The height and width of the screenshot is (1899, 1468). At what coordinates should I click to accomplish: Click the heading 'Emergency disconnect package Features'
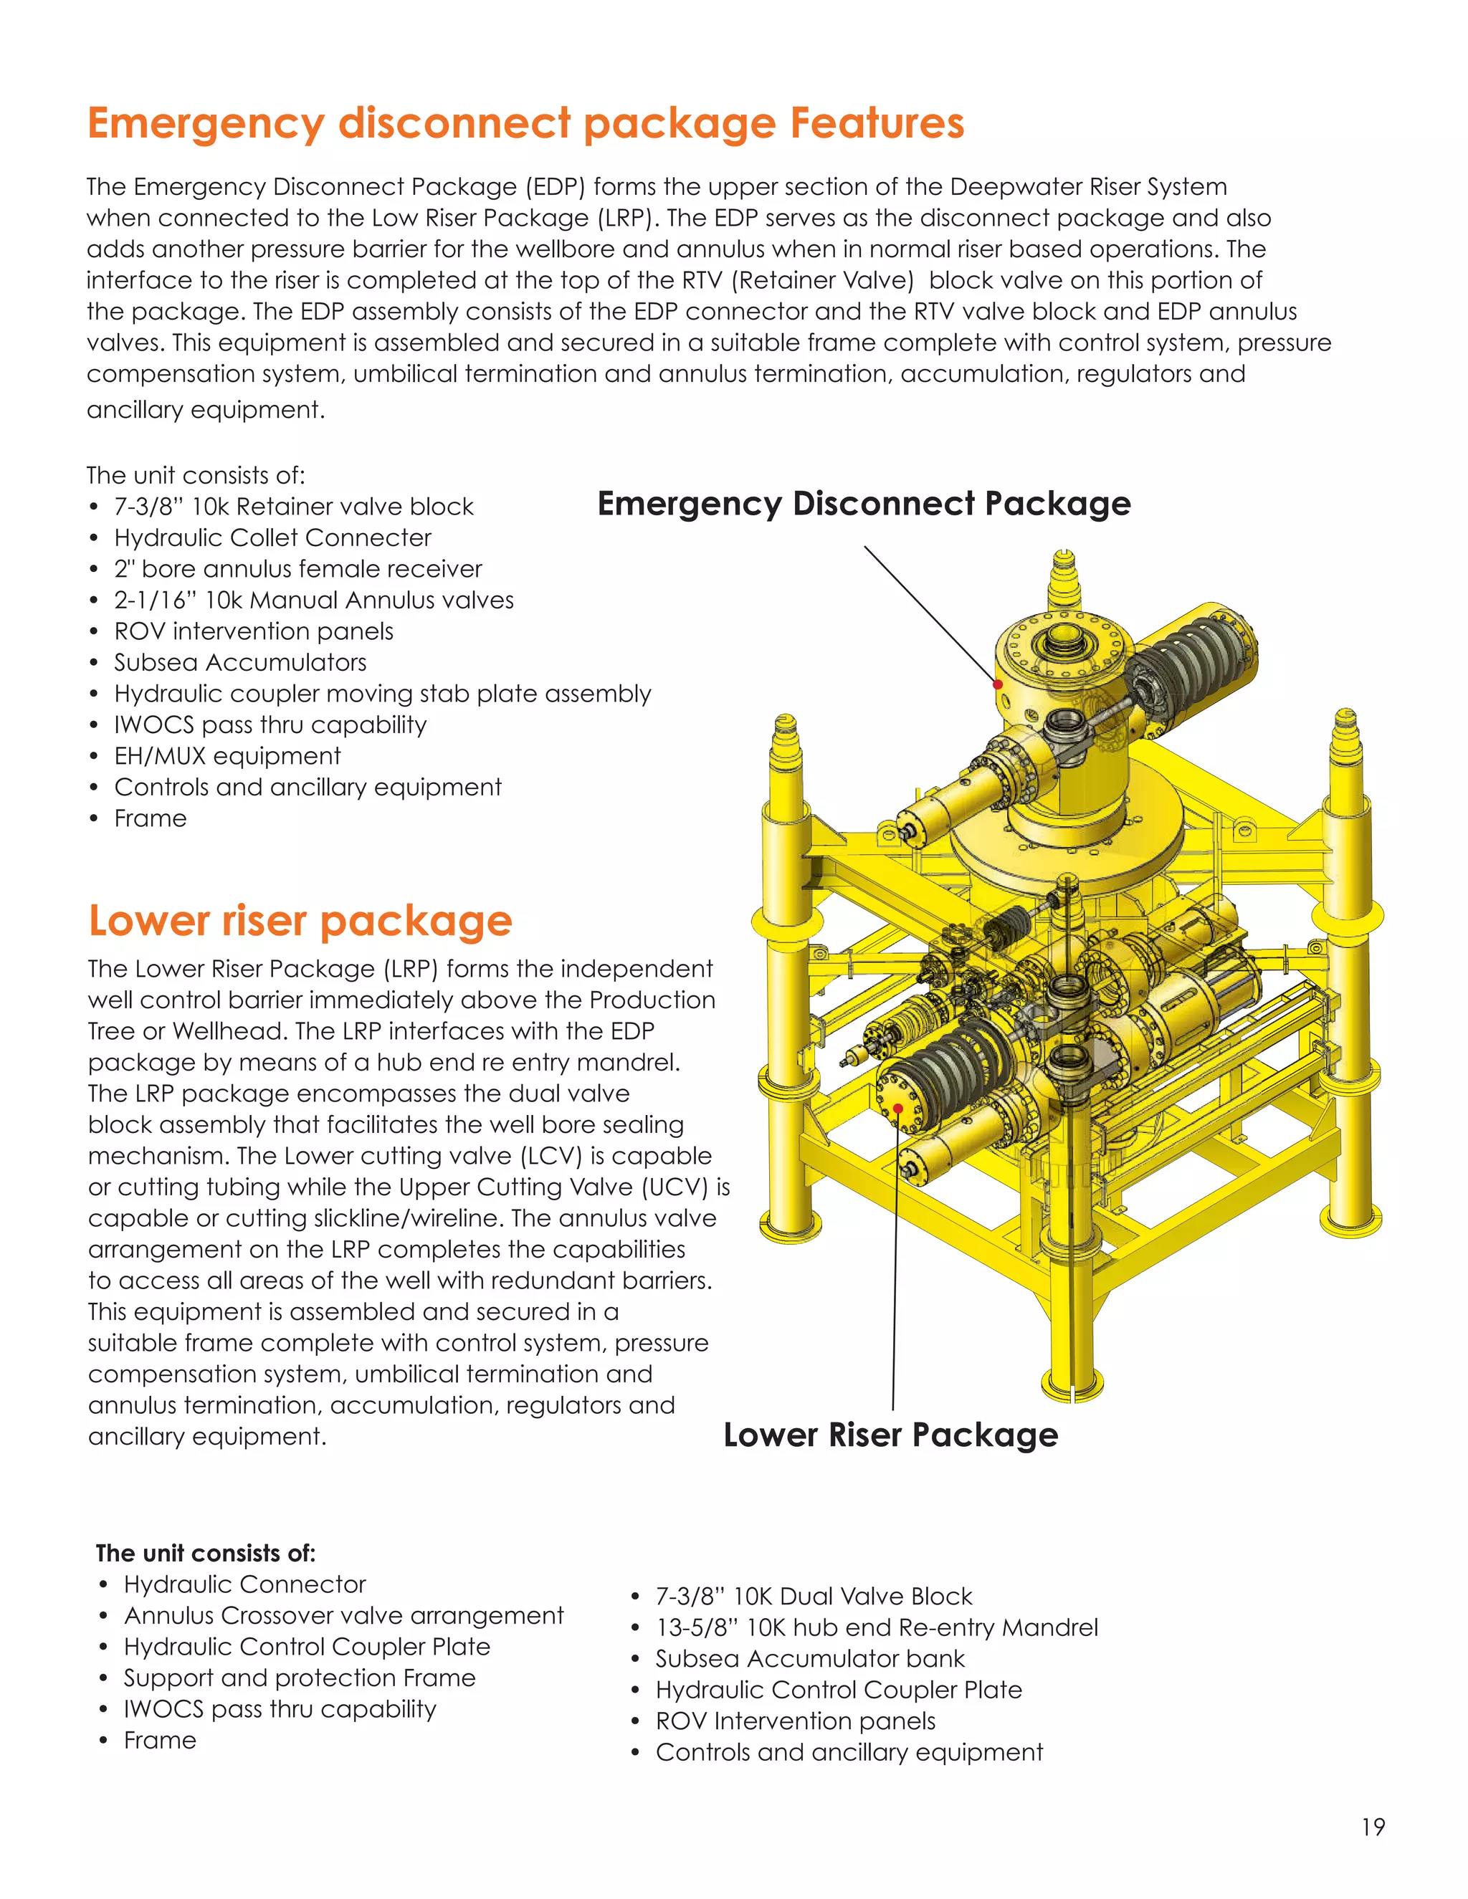tap(525, 123)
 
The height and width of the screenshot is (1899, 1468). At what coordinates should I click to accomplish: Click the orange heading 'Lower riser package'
tap(300, 921)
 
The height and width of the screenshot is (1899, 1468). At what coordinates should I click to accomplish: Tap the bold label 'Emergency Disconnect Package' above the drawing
tap(864, 504)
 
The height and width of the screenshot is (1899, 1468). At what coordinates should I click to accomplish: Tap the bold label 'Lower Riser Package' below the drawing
tap(890, 1435)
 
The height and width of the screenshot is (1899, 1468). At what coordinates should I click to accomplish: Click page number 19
tap(1373, 1827)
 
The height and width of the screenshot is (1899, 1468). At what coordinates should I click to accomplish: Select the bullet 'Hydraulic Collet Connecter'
tap(272, 537)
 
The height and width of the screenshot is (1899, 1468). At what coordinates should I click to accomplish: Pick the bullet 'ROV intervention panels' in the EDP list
tap(253, 631)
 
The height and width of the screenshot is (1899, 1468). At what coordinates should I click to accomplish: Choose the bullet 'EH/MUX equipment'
tap(227, 755)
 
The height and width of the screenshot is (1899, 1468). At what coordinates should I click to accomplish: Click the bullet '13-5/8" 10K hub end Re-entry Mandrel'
tap(877, 1627)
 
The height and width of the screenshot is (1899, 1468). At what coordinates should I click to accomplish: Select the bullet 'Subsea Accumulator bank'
tap(810, 1659)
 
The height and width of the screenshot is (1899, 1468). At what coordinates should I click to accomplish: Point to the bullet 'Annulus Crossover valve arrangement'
tap(343, 1615)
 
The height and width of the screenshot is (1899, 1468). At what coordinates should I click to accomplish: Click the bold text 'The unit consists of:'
tap(205, 1553)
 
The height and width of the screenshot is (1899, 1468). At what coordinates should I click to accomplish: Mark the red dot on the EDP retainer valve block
tap(998, 684)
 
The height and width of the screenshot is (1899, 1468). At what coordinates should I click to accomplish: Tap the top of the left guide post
tap(786, 724)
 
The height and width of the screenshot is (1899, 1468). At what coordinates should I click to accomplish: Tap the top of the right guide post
tap(1345, 718)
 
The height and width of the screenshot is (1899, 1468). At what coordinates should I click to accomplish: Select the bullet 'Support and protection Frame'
tap(299, 1678)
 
